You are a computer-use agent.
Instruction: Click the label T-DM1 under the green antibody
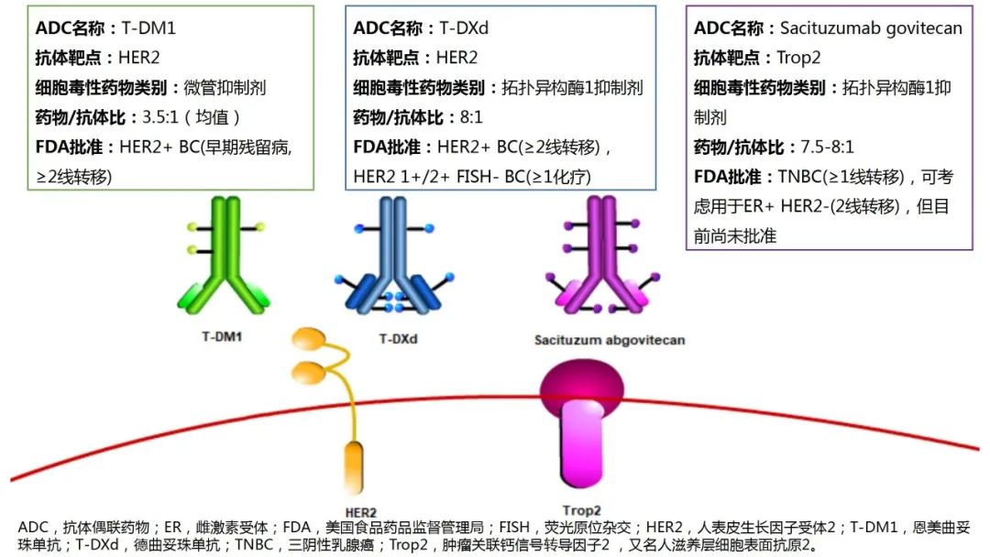pyautogui.click(x=222, y=337)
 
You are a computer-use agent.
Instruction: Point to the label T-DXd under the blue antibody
pyautogui.click(x=399, y=339)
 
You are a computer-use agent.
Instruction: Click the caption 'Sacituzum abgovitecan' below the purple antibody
pyautogui.click(x=610, y=340)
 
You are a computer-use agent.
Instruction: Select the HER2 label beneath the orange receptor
pyautogui.click(x=360, y=512)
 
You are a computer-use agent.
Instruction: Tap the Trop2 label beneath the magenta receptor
pyautogui.click(x=581, y=509)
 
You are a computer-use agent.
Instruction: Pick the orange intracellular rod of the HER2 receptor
pyautogui.click(x=354, y=467)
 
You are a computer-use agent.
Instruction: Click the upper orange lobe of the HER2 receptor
pyautogui.click(x=309, y=339)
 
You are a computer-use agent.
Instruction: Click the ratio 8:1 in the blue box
pyautogui.click(x=472, y=117)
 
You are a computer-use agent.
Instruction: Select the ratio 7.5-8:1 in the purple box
pyautogui.click(x=827, y=147)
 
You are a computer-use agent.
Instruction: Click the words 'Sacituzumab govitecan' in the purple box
pyautogui.click(x=871, y=28)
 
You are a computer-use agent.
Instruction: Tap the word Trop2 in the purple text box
pyautogui.click(x=798, y=58)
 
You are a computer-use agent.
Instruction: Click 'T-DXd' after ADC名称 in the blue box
pyautogui.click(x=464, y=28)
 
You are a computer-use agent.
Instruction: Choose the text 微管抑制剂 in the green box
pyautogui.click(x=225, y=88)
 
